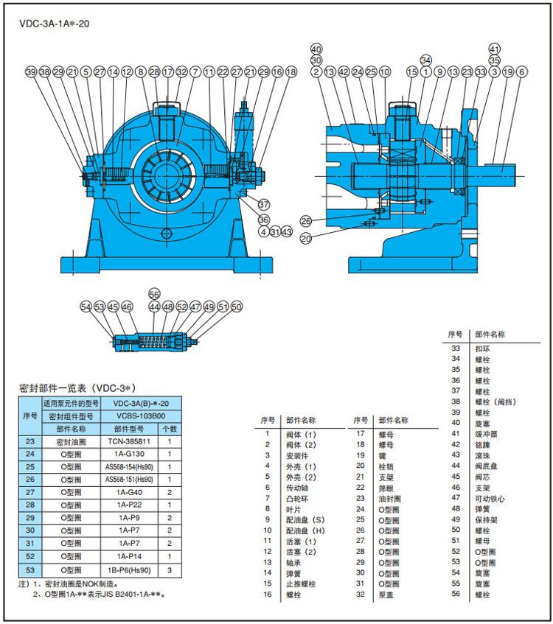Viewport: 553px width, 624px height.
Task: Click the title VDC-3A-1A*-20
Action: tap(55, 23)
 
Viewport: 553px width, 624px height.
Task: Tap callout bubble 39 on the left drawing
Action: tap(31, 72)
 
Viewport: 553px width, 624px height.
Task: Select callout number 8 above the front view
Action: tap(141, 72)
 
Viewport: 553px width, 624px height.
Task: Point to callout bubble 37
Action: tap(264, 204)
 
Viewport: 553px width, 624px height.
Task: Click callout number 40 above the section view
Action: tap(316, 49)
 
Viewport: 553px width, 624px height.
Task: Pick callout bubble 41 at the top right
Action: tap(495, 49)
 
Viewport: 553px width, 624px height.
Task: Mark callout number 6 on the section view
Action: tap(521, 72)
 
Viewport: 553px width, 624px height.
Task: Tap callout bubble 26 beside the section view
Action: tap(306, 221)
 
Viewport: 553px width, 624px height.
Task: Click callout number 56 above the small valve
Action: tap(154, 293)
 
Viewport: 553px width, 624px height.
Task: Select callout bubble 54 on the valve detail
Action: tap(86, 306)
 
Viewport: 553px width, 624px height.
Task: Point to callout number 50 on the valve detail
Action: tap(236, 306)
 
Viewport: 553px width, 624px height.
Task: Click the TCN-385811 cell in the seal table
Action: tap(130, 442)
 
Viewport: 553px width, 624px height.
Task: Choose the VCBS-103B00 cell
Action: tap(141, 416)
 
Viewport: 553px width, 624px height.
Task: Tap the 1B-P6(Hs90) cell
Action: tap(129, 570)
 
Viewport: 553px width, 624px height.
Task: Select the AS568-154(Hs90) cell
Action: tap(129, 468)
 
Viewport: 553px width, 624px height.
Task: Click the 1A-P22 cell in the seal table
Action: tap(129, 506)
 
